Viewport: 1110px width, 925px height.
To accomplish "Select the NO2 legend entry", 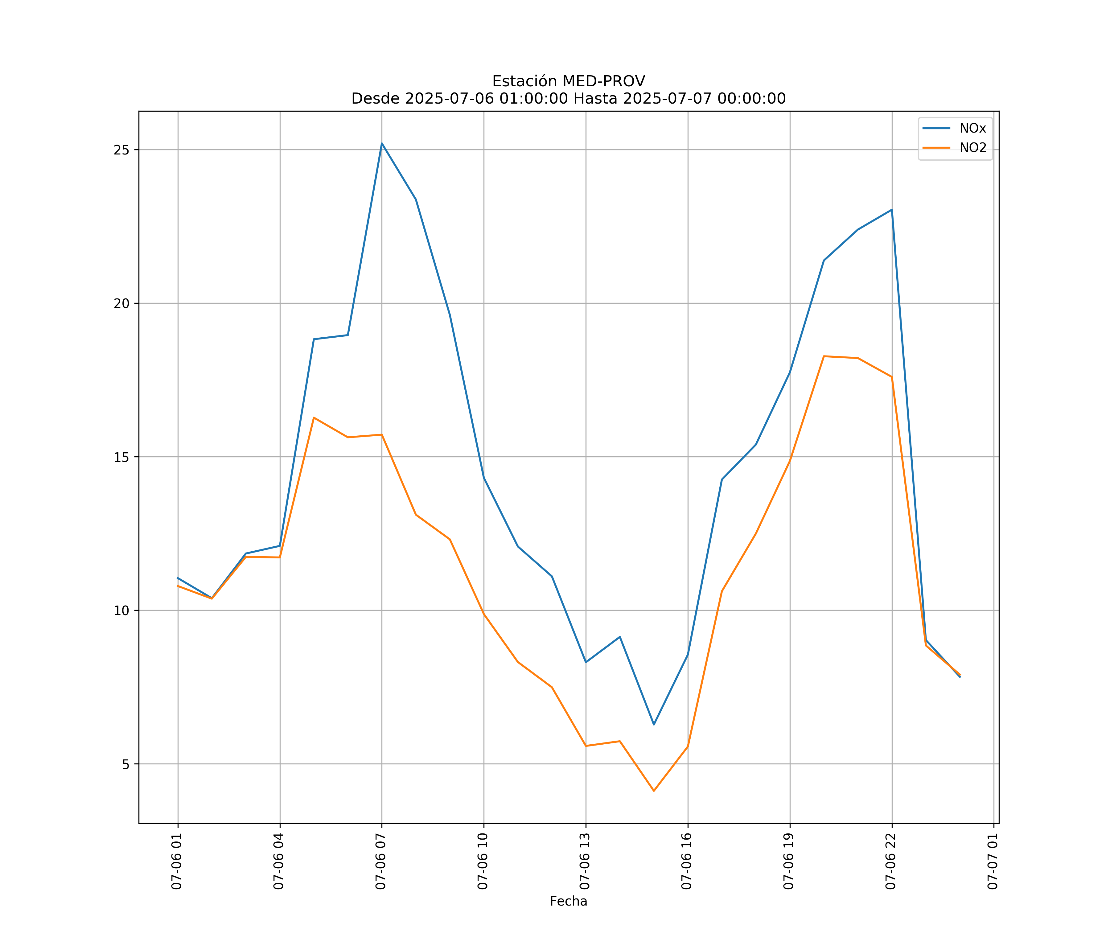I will coord(972,148).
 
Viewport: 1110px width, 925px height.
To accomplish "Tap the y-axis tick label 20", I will coord(121,303).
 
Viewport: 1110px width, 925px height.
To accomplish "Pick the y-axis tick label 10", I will coord(121,610).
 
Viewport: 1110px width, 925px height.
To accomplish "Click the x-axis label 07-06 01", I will coord(177,861).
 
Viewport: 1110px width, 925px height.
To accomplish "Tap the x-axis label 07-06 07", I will coord(380,861).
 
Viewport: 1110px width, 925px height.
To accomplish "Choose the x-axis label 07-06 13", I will coord(585,861).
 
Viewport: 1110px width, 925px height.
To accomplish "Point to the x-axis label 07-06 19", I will coord(789,861).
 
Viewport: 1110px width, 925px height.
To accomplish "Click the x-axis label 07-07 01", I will coord(993,861).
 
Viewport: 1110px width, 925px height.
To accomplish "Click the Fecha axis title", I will coord(568,901).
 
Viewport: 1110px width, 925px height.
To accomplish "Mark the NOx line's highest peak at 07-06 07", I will coord(382,143).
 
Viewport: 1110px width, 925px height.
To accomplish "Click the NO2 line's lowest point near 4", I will coord(654,791).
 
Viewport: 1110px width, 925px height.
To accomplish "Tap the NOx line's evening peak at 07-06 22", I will coord(892,210).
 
